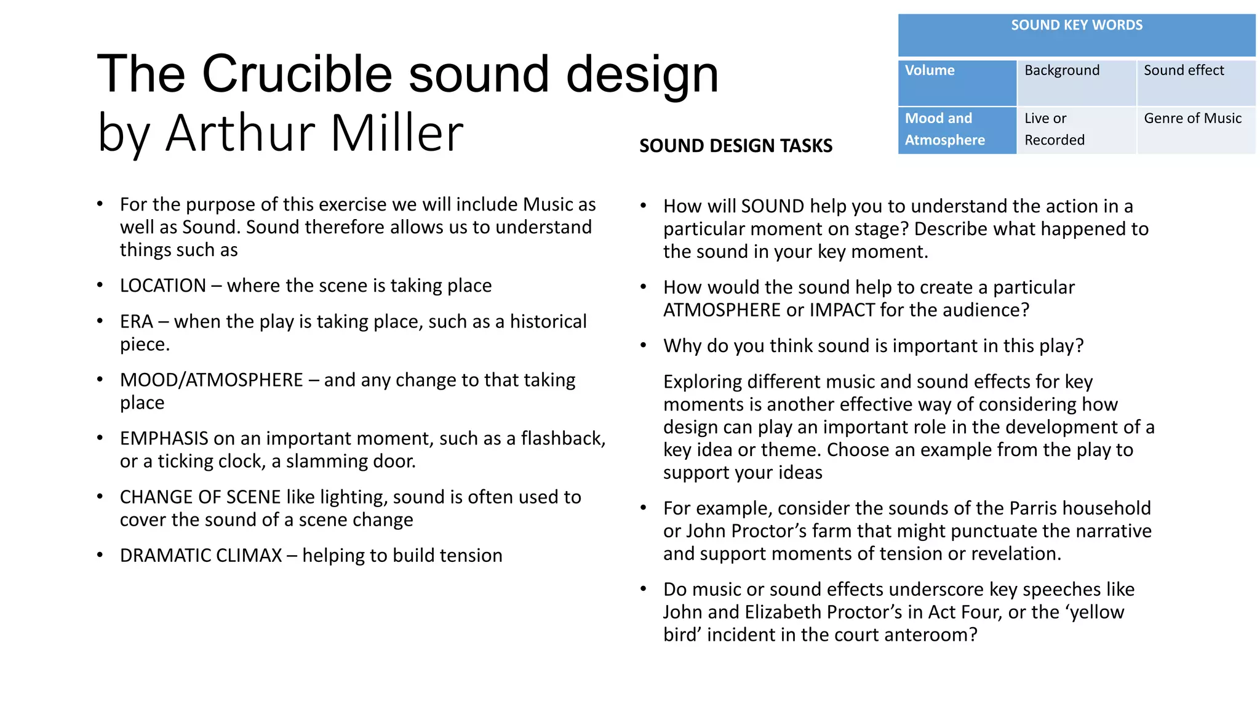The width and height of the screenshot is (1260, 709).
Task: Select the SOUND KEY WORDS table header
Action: (1076, 26)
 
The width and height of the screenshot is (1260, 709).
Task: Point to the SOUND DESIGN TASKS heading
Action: (735, 146)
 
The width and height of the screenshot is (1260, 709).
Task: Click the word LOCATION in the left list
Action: (163, 286)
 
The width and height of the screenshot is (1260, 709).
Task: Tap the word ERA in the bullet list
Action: (136, 321)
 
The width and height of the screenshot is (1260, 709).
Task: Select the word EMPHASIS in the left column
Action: (164, 438)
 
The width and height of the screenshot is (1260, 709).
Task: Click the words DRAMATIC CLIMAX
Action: (201, 555)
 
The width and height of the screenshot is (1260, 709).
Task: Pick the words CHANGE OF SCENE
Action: (199, 497)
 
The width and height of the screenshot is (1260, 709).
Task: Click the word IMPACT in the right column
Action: (842, 310)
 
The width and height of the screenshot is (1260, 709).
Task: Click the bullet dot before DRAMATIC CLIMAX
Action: (100, 555)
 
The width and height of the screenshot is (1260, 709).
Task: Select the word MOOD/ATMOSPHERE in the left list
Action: (211, 380)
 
